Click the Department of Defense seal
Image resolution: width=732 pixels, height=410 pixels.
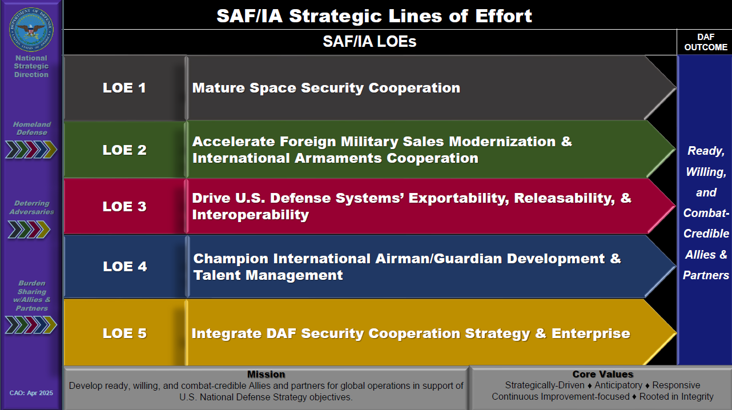tap(31, 29)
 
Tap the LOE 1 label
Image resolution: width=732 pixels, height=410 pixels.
tap(124, 88)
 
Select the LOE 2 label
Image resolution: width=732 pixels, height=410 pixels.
tap(124, 150)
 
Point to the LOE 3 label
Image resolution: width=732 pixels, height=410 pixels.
tap(124, 207)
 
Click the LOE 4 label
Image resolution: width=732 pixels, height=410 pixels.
tap(125, 266)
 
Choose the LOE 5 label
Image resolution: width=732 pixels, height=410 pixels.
tap(124, 333)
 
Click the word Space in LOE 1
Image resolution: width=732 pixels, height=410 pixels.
tap(272, 88)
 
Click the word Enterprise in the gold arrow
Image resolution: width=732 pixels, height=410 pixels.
tap(591, 334)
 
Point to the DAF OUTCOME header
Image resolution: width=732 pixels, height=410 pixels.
tap(706, 42)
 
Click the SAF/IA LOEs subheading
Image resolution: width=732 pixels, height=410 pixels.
tap(369, 42)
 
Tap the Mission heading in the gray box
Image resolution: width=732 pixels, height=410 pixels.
tap(266, 374)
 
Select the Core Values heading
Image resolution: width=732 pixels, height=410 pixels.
tap(602, 374)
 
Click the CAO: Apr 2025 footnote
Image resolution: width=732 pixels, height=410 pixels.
tap(31, 393)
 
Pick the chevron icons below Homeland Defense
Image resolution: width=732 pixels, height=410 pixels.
tap(31, 150)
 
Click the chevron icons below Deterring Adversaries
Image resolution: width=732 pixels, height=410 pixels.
tap(29, 230)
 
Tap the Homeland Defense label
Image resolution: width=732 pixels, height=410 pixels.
tap(32, 128)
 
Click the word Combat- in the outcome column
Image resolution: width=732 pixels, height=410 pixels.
tap(706, 214)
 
